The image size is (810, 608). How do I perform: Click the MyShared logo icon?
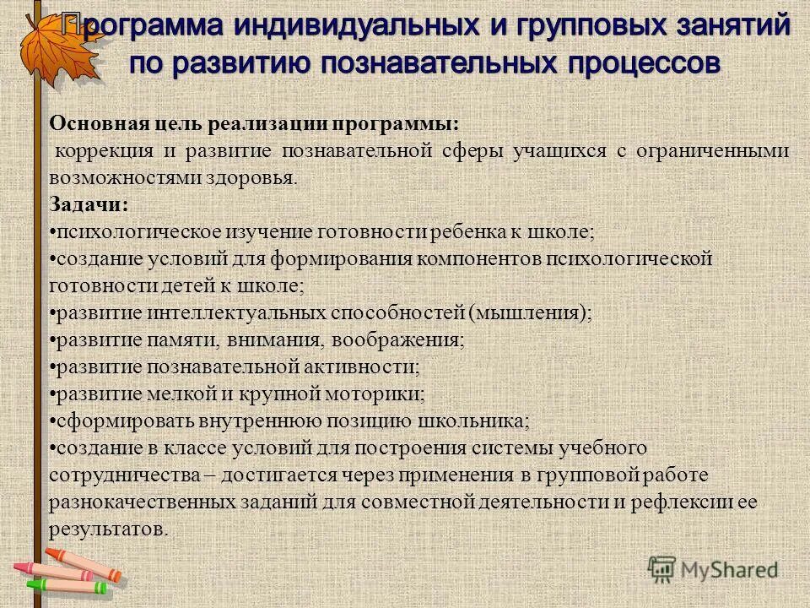662,570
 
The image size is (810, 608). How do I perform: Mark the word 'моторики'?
384,394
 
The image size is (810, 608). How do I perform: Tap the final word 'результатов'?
107,529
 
